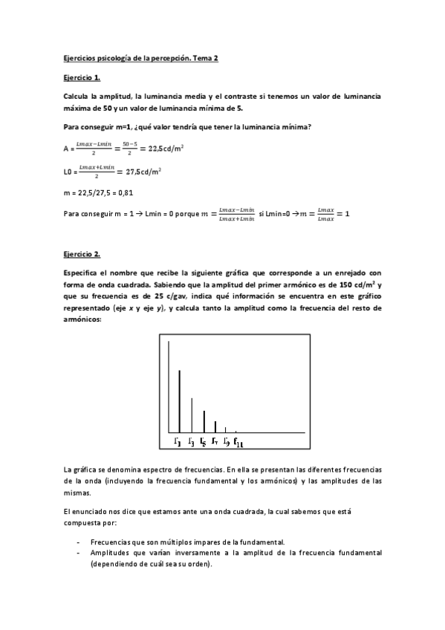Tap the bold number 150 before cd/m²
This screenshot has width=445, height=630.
tap(346, 285)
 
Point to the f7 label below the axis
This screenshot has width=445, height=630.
tap(214, 443)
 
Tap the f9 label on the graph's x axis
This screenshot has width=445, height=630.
tap(226, 443)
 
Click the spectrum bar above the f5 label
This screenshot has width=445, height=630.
tap(204, 420)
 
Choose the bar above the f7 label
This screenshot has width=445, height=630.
tap(215, 426)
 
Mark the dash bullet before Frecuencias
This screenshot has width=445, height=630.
tap(78, 542)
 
